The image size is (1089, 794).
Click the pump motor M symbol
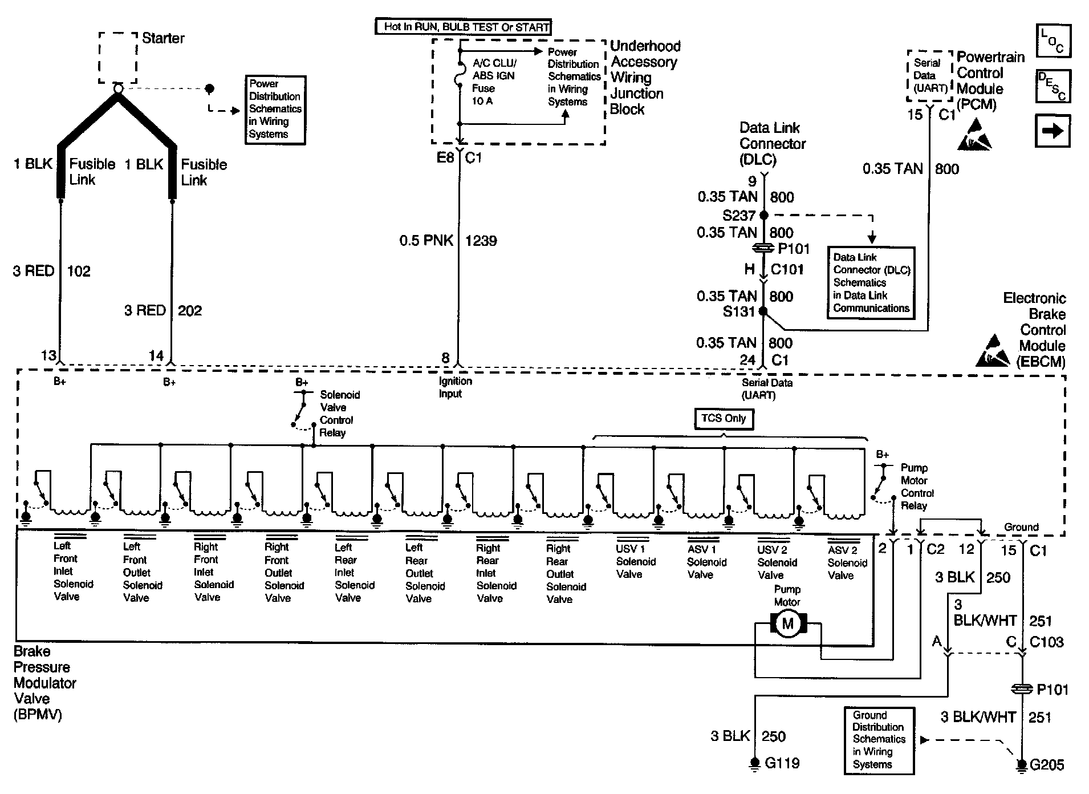pyautogui.click(x=787, y=623)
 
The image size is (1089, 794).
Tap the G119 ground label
pyautogui.click(x=782, y=763)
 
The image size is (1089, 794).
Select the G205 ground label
pyautogui.click(x=1047, y=765)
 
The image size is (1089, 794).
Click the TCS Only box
pyautogui.click(x=724, y=419)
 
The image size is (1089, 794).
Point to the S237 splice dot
pyautogui.click(x=763, y=215)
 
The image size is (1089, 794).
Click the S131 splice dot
pyautogui.click(x=763, y=311)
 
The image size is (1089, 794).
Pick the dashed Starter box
pyautogui.click(x=118, y=58)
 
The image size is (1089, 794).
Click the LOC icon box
pyautogui.click(x=1053, y=41)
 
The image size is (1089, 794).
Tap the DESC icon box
pyautogui.click(x=1053, y=86)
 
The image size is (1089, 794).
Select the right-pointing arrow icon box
pyautogui.click(x=1053, y=131)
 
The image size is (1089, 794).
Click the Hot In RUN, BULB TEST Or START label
pyautogui.click(x=463, y=27)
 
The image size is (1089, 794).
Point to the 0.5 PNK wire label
pyautogui.click(x=426, y=241)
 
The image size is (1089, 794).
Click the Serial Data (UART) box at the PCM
pyautogui.click(x=930, y=76)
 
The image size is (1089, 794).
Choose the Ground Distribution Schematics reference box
pyautogui.click(x=879, y=740)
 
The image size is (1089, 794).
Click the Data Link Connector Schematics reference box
pyautogui.click(x=871, y=282)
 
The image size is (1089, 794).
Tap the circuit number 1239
pyautogui.click(x=481, y=241)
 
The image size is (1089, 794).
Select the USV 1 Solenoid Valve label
pyautogui.click(x=635, y=562)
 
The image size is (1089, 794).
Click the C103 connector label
pyautogui.click(x=1046, y=642)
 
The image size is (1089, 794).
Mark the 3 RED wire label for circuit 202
pyautogui.click(x=145, y=310)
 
